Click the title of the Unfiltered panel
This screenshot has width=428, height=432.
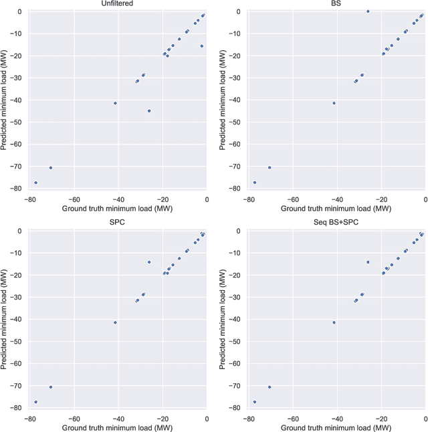point(118,5)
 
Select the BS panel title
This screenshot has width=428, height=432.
point(336,5)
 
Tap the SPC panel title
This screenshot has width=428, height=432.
point(118,224)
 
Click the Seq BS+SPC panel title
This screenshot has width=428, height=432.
point(336,224)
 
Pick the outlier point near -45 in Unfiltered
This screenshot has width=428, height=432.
point(149,111)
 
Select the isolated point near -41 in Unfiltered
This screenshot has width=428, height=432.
point(115,103)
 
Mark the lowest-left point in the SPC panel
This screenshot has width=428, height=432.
point(35,402)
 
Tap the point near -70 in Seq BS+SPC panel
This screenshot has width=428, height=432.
point(270,387)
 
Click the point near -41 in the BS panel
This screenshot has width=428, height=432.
point(334,103)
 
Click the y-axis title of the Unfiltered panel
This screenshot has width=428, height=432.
point(5,100)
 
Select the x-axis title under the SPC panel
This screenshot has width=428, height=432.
point(118,427)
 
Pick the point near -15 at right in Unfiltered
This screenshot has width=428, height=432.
point(201,46)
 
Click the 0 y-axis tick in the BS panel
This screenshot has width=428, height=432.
point(240,11)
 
